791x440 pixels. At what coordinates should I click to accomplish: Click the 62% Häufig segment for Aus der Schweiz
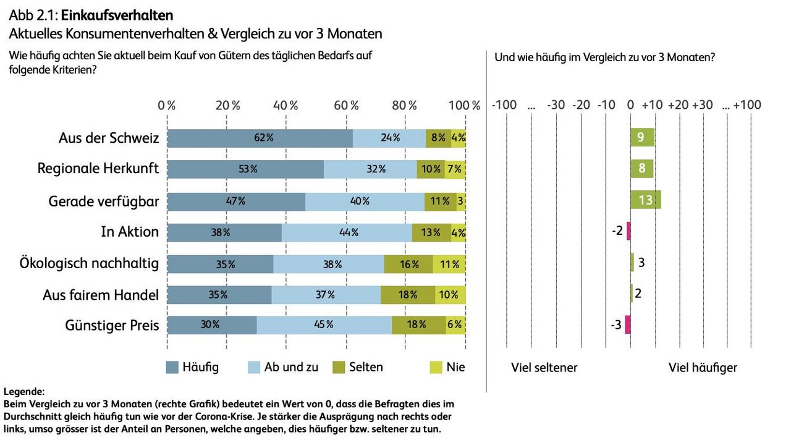click(260, 138)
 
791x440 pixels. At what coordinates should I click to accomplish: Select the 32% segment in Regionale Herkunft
click(370, 169)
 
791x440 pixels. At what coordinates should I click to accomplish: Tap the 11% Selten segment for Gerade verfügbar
click(440, 201)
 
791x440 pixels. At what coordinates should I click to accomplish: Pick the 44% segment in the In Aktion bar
click(347, 232)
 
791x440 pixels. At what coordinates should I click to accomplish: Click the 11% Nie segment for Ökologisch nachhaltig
click(449, 264)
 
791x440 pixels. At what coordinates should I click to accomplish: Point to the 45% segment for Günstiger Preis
click(324, 324)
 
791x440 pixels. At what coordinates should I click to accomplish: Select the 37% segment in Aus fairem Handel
click(326, 295)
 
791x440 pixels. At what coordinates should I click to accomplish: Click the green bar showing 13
click(645, 200)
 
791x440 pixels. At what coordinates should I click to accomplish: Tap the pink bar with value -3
click(627, 324)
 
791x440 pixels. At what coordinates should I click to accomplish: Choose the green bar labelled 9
click(642, 137)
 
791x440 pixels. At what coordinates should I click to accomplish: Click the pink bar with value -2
click(628, 231)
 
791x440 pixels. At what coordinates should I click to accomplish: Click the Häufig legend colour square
click(172, 368)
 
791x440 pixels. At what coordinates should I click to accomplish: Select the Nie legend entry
click(447, 367)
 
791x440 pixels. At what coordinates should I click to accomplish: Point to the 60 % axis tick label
click(346, 105)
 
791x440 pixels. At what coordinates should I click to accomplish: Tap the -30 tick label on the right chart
click(556, 105)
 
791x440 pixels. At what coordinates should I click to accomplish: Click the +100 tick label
click(747, 105)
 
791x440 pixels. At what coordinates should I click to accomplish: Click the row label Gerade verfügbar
click(104, 201)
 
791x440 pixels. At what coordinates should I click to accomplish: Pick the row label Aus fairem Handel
click(101, 295)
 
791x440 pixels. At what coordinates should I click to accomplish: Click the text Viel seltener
click(544, 368)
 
